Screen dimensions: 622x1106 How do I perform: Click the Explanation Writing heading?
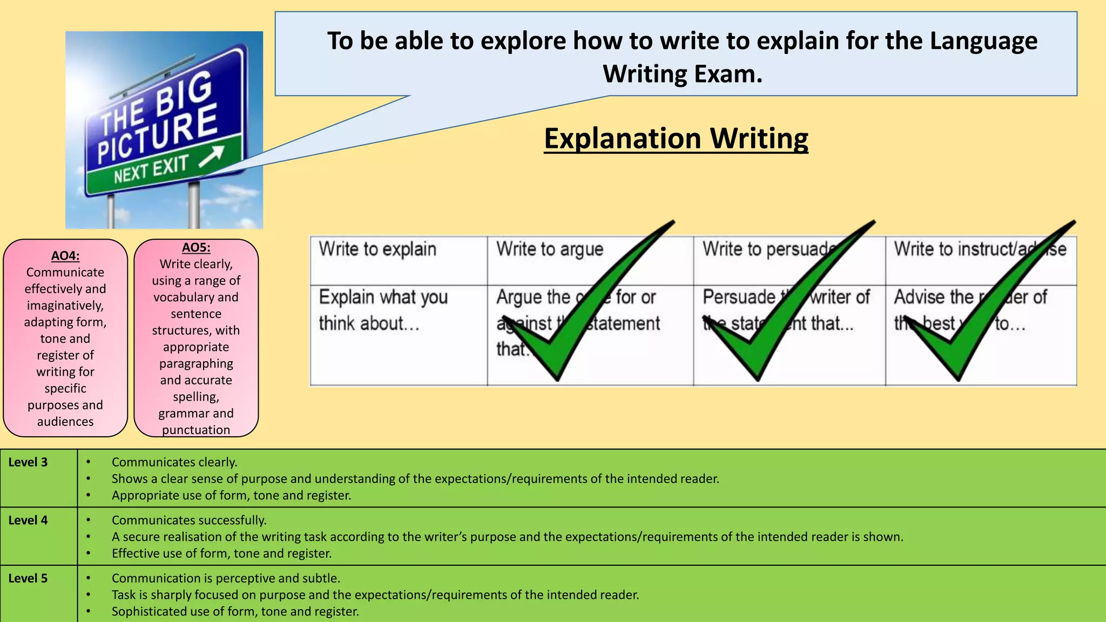[676, 139]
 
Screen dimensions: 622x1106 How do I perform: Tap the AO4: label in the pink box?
[65, 256]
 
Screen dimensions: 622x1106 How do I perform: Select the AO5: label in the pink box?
[196, 248]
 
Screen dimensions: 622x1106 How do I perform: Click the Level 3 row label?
[28, 462]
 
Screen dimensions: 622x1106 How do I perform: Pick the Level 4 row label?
[28, 520]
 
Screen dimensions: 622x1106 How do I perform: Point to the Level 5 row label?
[28, 578]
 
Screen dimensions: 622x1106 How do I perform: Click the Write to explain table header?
[377, 249]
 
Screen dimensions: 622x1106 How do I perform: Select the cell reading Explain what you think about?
[383, 310]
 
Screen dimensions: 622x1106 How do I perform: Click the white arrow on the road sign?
[211, 156]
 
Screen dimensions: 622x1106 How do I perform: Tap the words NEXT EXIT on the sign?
[151, 169]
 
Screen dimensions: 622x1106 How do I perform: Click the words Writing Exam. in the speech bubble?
[683, 74]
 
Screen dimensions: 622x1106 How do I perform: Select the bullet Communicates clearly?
[174, 462]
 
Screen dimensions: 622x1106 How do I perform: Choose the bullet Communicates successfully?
[189, 520]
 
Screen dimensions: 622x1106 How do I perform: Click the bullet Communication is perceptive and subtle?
[226, 578]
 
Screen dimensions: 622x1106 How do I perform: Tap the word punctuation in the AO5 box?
[196, 430]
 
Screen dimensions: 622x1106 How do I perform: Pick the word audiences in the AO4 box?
[65, 421]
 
